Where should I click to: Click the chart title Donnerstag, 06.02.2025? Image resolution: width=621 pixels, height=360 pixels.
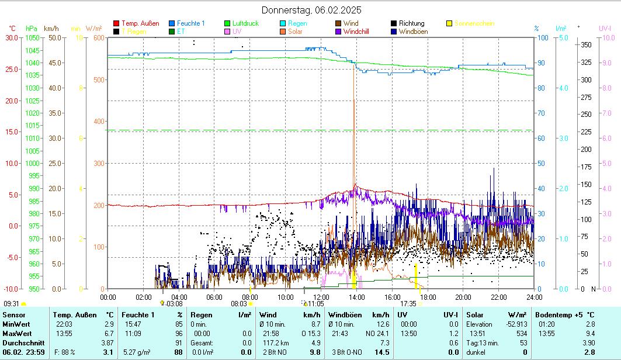click(x=311, y=10)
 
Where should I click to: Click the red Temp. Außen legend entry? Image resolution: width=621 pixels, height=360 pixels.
click(x=140, y=23)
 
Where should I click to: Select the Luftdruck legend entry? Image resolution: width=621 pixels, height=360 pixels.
click(x=244, y=23)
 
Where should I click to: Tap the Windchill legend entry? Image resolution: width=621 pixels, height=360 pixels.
click(x=356, y=32)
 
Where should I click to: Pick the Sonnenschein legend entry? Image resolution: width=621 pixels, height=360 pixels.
click(x=474, y=23)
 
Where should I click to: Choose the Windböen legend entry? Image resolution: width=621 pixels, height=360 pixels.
click(x=413, y=32)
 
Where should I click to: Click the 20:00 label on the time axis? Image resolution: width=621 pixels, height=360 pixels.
click(x=463, y=297)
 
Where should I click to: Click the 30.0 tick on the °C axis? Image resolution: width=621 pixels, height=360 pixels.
click(x=11, y=37)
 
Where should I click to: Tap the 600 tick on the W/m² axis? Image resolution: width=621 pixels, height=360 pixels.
click(x=98, y=37)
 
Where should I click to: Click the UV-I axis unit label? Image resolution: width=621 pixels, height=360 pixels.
click(x=605, y=28)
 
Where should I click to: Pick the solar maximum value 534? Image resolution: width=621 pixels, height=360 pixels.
click(x=522, y=333)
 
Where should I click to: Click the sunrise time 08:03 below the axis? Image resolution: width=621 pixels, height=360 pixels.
click(x=239, y=303)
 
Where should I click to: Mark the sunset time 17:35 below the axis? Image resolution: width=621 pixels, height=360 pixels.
click(x=408, y=303)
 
